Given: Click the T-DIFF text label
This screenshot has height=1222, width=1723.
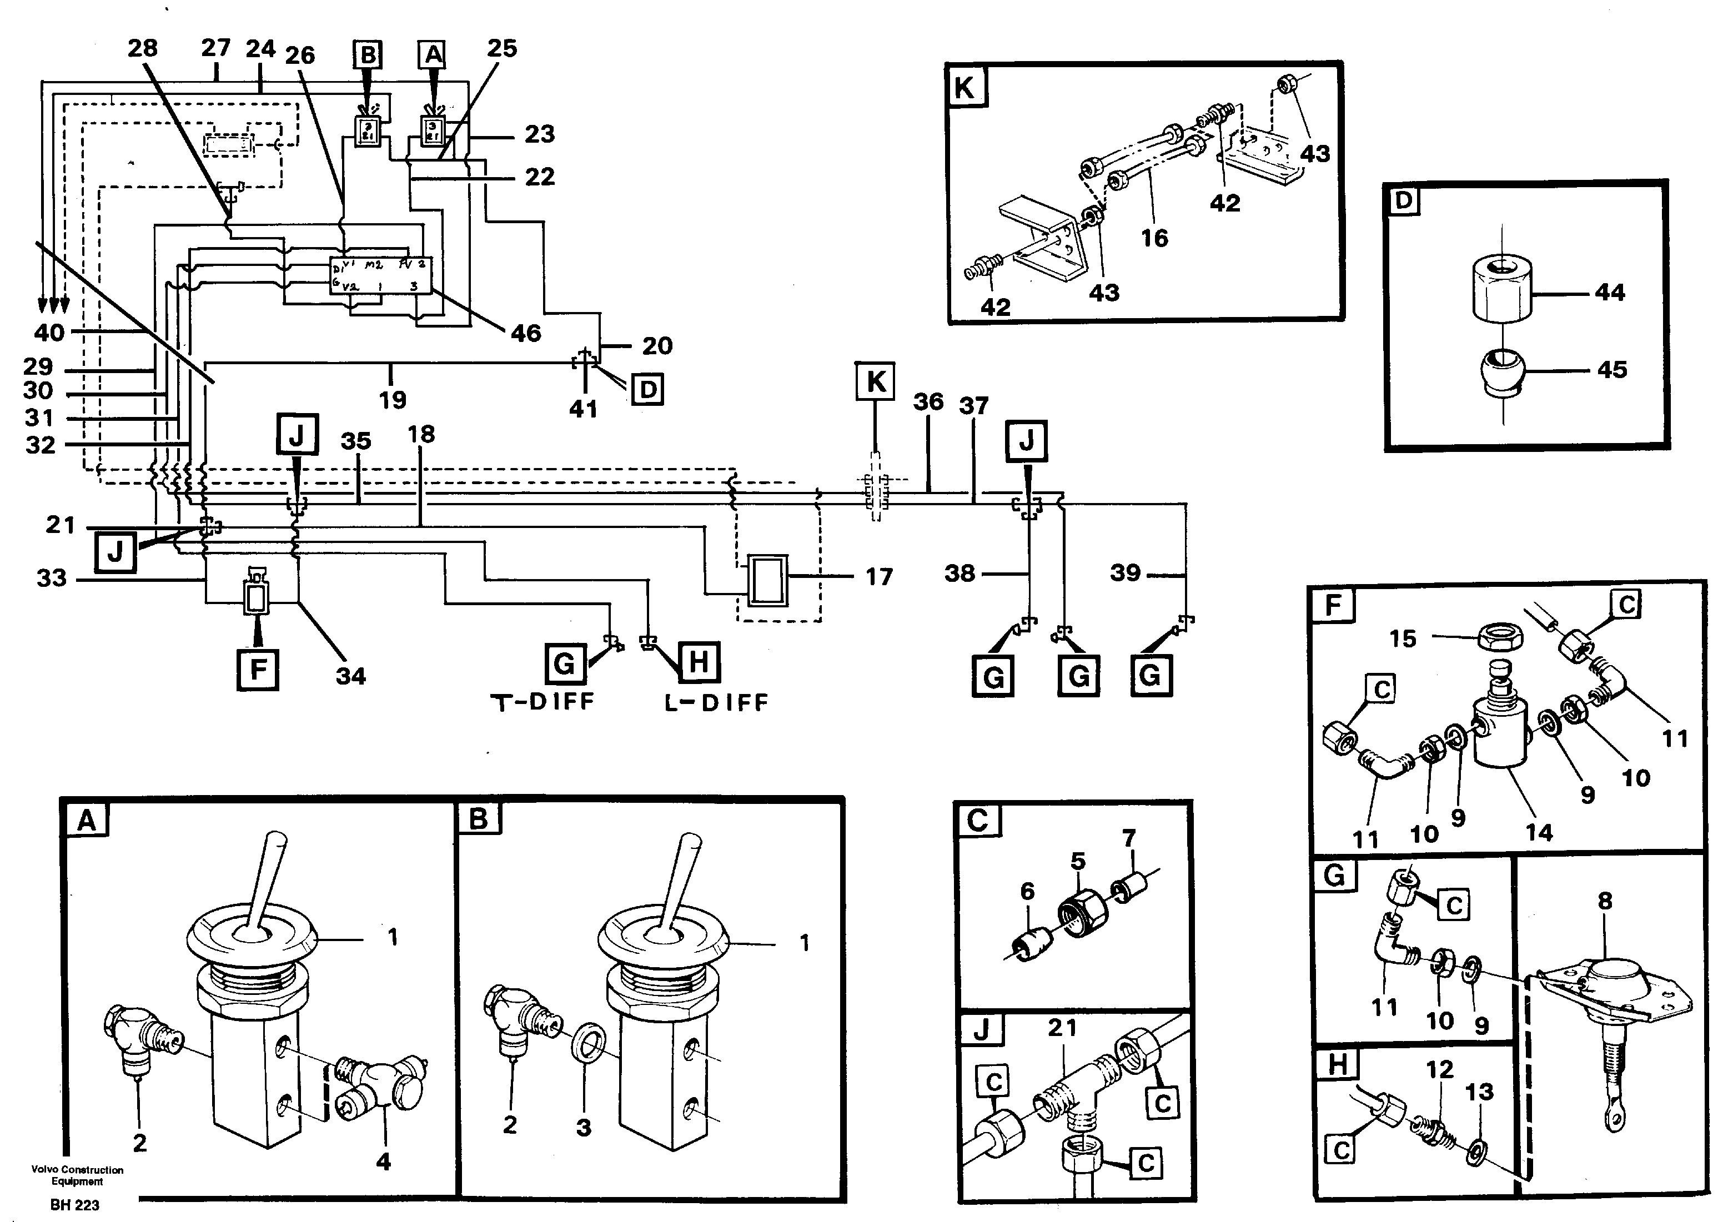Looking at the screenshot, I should (x=542, y=702).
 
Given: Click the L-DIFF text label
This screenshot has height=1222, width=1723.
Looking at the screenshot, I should (x=716, y=703).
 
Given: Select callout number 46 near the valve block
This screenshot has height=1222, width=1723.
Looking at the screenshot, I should (x=525, y=333).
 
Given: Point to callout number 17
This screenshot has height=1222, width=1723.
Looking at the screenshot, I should (x=878, y=577).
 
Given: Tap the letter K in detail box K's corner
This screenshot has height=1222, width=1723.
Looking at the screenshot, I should (x=965, y=88).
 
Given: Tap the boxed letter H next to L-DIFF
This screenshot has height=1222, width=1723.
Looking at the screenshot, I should (x=698, y=663).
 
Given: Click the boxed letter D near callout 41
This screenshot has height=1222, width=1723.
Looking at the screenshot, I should (x=647, y=390).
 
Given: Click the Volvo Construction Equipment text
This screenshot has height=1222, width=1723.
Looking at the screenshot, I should (x=78, y=1175).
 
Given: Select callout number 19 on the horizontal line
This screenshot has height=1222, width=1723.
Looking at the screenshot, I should (x=392, y=400).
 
